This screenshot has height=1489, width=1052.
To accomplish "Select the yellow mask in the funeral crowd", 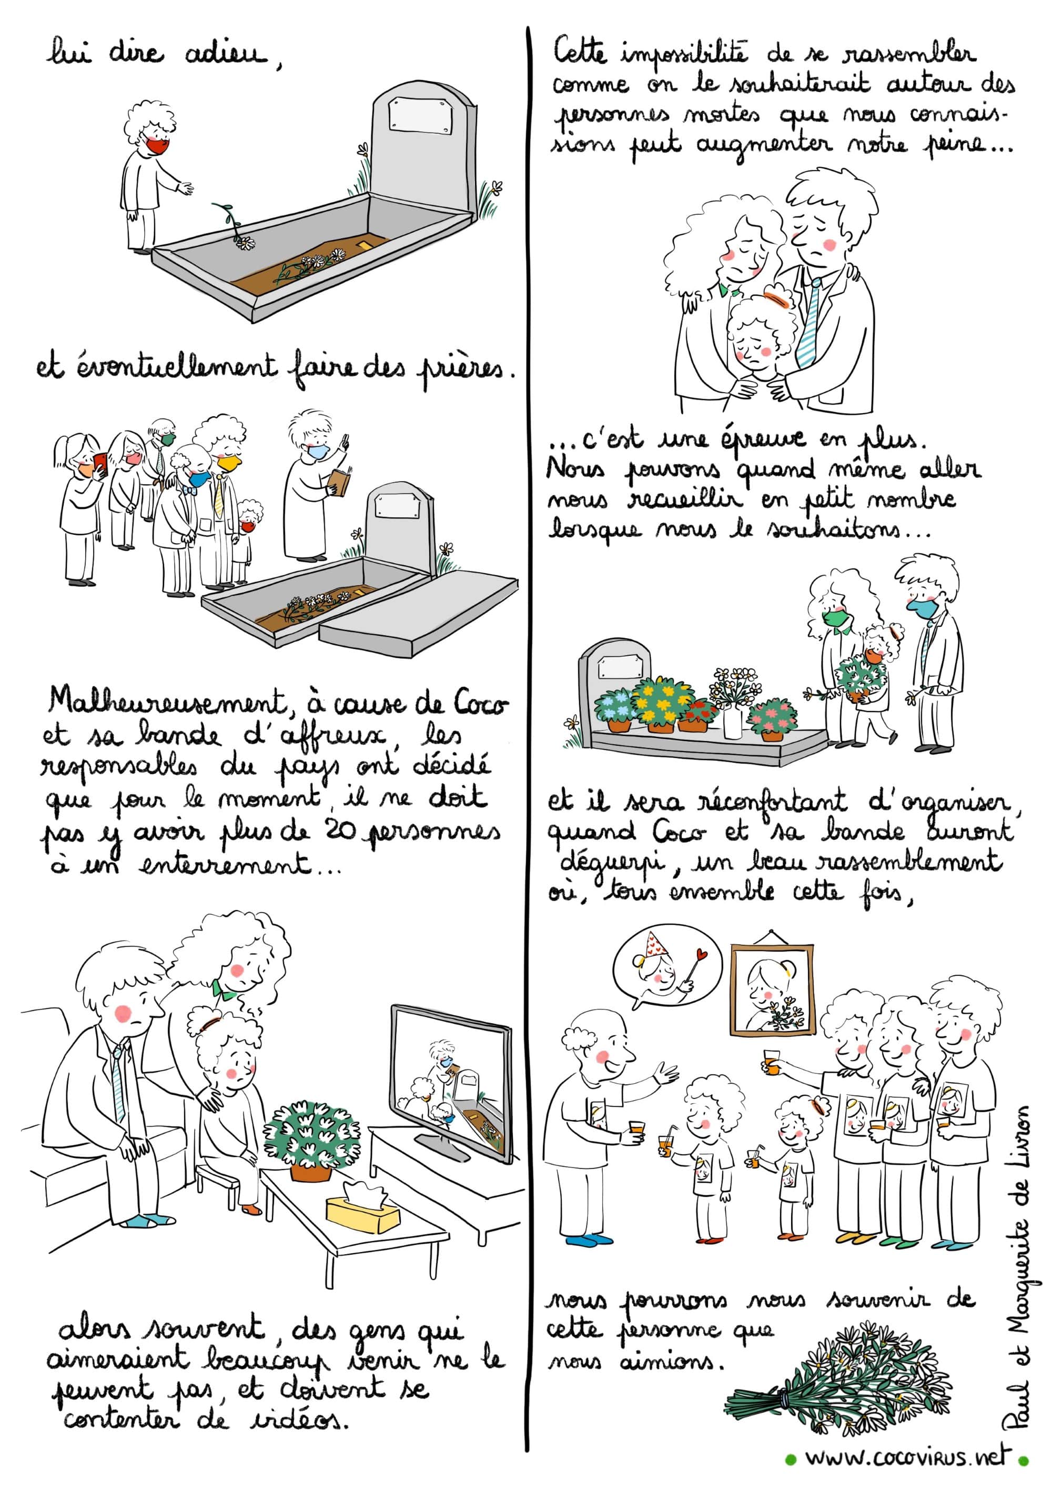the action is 229,463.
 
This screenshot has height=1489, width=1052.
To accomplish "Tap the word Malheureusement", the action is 165,702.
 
